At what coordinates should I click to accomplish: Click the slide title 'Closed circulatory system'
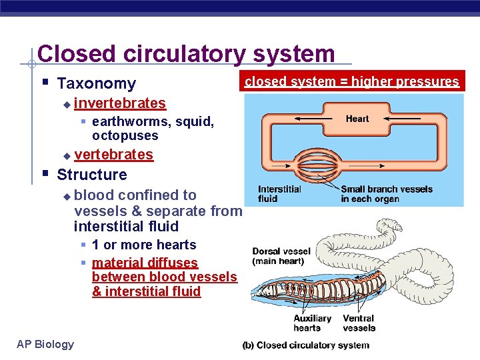[186, 53]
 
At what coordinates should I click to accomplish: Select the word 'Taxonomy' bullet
[96, 83]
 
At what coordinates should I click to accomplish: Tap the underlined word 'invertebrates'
[120, 103]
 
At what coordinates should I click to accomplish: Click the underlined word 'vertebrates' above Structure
[113, 155]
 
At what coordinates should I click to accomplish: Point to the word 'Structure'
[92, 175]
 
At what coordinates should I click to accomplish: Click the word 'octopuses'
[125, 136]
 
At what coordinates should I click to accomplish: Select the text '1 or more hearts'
[144, 245]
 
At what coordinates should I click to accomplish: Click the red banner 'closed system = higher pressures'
[352, 82]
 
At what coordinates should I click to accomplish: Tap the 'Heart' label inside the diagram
[357, 119]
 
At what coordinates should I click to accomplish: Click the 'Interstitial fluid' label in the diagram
[279, 194]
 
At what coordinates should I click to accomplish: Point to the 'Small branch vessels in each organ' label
[386, 194]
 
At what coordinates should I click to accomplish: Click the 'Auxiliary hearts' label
[312, 323]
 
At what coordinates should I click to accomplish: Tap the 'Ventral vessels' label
[359, 323]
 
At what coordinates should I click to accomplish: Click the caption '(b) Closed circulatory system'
[305, 345]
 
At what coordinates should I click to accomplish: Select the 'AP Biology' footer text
[45, 344]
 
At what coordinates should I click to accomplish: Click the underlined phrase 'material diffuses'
[145, 263]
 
